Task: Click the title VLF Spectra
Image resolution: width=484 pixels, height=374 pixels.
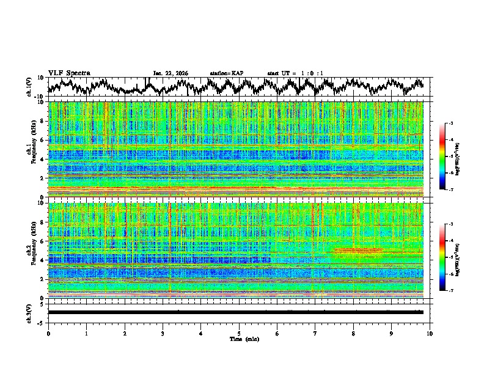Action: [x=69, y=73]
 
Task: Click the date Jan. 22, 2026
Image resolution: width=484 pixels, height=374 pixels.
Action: [x=170, y=73]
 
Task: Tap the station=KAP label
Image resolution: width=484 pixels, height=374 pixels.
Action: [x=227, y=73]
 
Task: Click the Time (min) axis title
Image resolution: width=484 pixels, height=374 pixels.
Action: [x=239, y=339]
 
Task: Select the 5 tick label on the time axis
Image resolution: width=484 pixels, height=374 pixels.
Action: [x=239, y=333]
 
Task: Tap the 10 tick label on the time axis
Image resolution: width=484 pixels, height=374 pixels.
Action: [x=430, y=333]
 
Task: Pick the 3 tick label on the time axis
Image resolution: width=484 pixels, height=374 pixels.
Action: [x=163, y=333]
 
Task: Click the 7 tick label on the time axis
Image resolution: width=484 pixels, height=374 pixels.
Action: [x=315, y=333]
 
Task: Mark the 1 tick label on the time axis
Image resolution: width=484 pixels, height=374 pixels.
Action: [x=86, y=333]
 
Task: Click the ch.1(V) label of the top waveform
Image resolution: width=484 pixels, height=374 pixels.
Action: [x=30, y=87]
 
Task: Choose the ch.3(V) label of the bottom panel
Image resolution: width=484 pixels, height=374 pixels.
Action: [x=30, y=312]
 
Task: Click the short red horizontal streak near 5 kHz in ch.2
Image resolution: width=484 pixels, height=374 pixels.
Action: [x=358, y=250]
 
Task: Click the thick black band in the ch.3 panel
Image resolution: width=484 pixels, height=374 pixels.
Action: [x=235, y=312]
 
